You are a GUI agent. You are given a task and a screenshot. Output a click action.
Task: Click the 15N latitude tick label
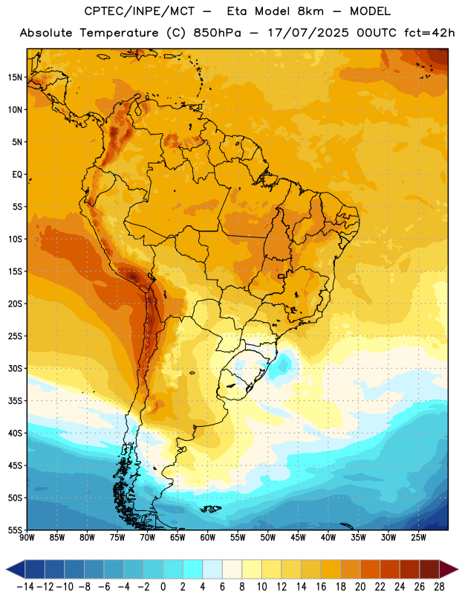pos(15,77)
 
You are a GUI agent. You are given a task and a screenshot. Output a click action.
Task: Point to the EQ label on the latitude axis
pos(17,175)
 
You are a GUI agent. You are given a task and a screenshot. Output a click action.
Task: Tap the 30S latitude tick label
pos(15,368)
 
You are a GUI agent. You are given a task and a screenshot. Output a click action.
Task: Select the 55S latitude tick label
pos(15,530)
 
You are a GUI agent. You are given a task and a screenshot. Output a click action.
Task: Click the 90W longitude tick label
pos(27,538)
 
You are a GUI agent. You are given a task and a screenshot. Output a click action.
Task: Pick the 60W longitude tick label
pos(208,538)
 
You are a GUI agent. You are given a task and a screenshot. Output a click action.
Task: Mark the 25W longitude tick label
pos(418,538)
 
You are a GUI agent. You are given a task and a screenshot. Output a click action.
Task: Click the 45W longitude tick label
pos(298,538)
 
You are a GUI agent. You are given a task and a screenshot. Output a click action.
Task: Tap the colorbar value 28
pos(439,587)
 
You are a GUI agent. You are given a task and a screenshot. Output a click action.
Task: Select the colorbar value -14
pos(25,587)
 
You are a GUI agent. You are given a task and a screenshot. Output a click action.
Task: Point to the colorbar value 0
pos(163,587)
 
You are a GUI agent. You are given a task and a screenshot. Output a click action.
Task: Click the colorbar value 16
pos(321,587)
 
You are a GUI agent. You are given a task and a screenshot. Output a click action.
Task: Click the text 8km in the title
pos(310,11)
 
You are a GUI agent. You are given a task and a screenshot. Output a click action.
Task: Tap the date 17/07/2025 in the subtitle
pos(308,33)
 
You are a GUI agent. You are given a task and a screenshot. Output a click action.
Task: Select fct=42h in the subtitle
pos(429,33)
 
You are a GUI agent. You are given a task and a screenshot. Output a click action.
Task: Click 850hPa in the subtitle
pos(217,33)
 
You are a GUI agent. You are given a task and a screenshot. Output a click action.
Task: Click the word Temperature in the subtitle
pos(119,33)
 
